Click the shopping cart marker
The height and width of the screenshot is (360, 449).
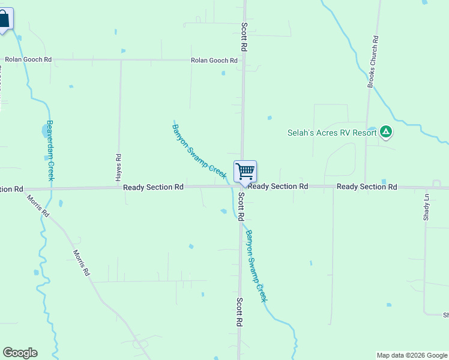pos(245,172)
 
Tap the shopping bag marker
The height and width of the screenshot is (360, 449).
pos(4,19)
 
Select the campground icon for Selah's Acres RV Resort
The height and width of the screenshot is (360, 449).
pos(386,131)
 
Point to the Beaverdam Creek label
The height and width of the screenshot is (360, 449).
pos(51,151)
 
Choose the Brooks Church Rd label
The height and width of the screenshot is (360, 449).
pos(373,62)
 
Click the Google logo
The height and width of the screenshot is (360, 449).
pos(20,353)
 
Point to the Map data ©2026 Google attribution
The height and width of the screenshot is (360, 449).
pos(412,355)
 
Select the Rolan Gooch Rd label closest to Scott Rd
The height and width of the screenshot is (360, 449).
pos(214,61)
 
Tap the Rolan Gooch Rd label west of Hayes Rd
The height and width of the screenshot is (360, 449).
pos(28,59)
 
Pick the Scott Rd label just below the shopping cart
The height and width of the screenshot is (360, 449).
pos(240,206)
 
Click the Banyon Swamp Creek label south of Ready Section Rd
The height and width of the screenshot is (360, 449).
pos(255,266)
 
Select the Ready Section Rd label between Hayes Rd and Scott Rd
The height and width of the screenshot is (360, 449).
pos(153,187)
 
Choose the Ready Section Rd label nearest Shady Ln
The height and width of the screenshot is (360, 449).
pos(367,187)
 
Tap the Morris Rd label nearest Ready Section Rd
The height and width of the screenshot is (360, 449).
pos(37,205)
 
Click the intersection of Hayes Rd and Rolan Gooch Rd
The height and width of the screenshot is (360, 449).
pos(121,60)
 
